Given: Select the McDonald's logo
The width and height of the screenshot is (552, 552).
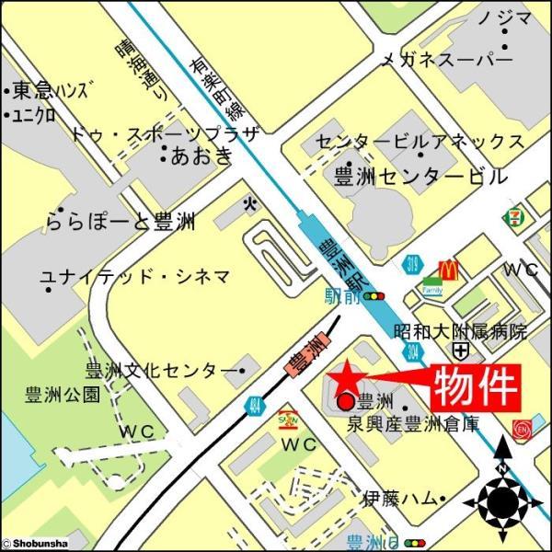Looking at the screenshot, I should point(448,270).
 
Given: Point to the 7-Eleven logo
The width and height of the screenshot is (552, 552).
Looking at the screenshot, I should point(512,218).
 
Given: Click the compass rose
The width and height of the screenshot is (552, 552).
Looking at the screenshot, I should point(503,500).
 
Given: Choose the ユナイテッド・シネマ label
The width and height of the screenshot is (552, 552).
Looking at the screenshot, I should point(134,276).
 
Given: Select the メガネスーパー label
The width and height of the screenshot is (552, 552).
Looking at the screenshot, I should point(446,60).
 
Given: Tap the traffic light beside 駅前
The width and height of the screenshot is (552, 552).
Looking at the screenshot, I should point(374,296).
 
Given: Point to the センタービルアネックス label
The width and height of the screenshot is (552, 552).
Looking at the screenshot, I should point(420,141).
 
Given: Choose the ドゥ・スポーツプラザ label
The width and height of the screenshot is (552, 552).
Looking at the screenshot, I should point(167,134).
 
